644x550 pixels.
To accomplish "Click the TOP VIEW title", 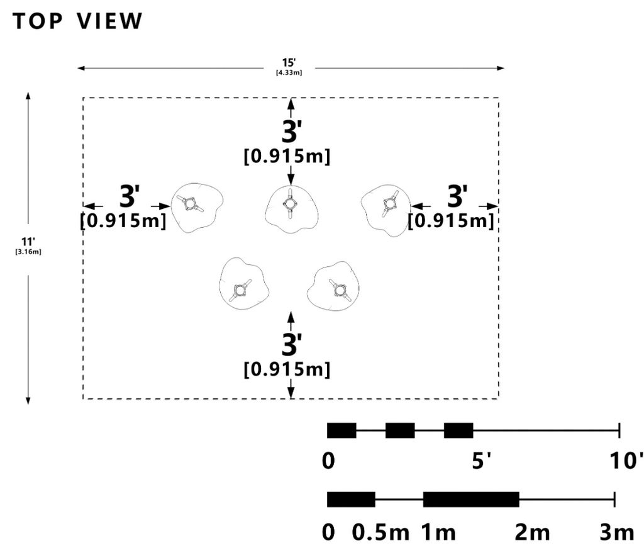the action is point(77,21).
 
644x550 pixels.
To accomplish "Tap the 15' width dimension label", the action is point(289,62).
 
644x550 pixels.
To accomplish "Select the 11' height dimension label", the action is point(28,241).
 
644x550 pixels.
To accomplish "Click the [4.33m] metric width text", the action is point(289,73).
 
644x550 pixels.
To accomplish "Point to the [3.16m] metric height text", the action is point(28,252).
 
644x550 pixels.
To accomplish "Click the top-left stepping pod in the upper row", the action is point(197,208).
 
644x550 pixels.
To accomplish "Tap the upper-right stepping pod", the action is point(386,210).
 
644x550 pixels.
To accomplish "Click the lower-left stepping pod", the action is point(244,284).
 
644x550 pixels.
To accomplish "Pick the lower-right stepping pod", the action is point(333,286).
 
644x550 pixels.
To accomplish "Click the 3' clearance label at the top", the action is point(292,132).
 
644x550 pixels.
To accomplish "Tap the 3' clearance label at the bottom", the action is point(292,344).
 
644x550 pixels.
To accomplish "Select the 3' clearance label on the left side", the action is point(130,196).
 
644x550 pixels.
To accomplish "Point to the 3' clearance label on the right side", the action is point(457,196).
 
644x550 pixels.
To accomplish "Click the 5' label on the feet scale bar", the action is point(481,461).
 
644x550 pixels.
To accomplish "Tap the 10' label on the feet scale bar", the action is point(626,461).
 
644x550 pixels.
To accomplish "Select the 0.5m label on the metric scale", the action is point(380,532).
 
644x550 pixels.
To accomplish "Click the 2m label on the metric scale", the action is point(532,532).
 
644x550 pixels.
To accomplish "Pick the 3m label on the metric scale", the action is point(617,532).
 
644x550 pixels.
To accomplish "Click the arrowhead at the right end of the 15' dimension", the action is point(501,68).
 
